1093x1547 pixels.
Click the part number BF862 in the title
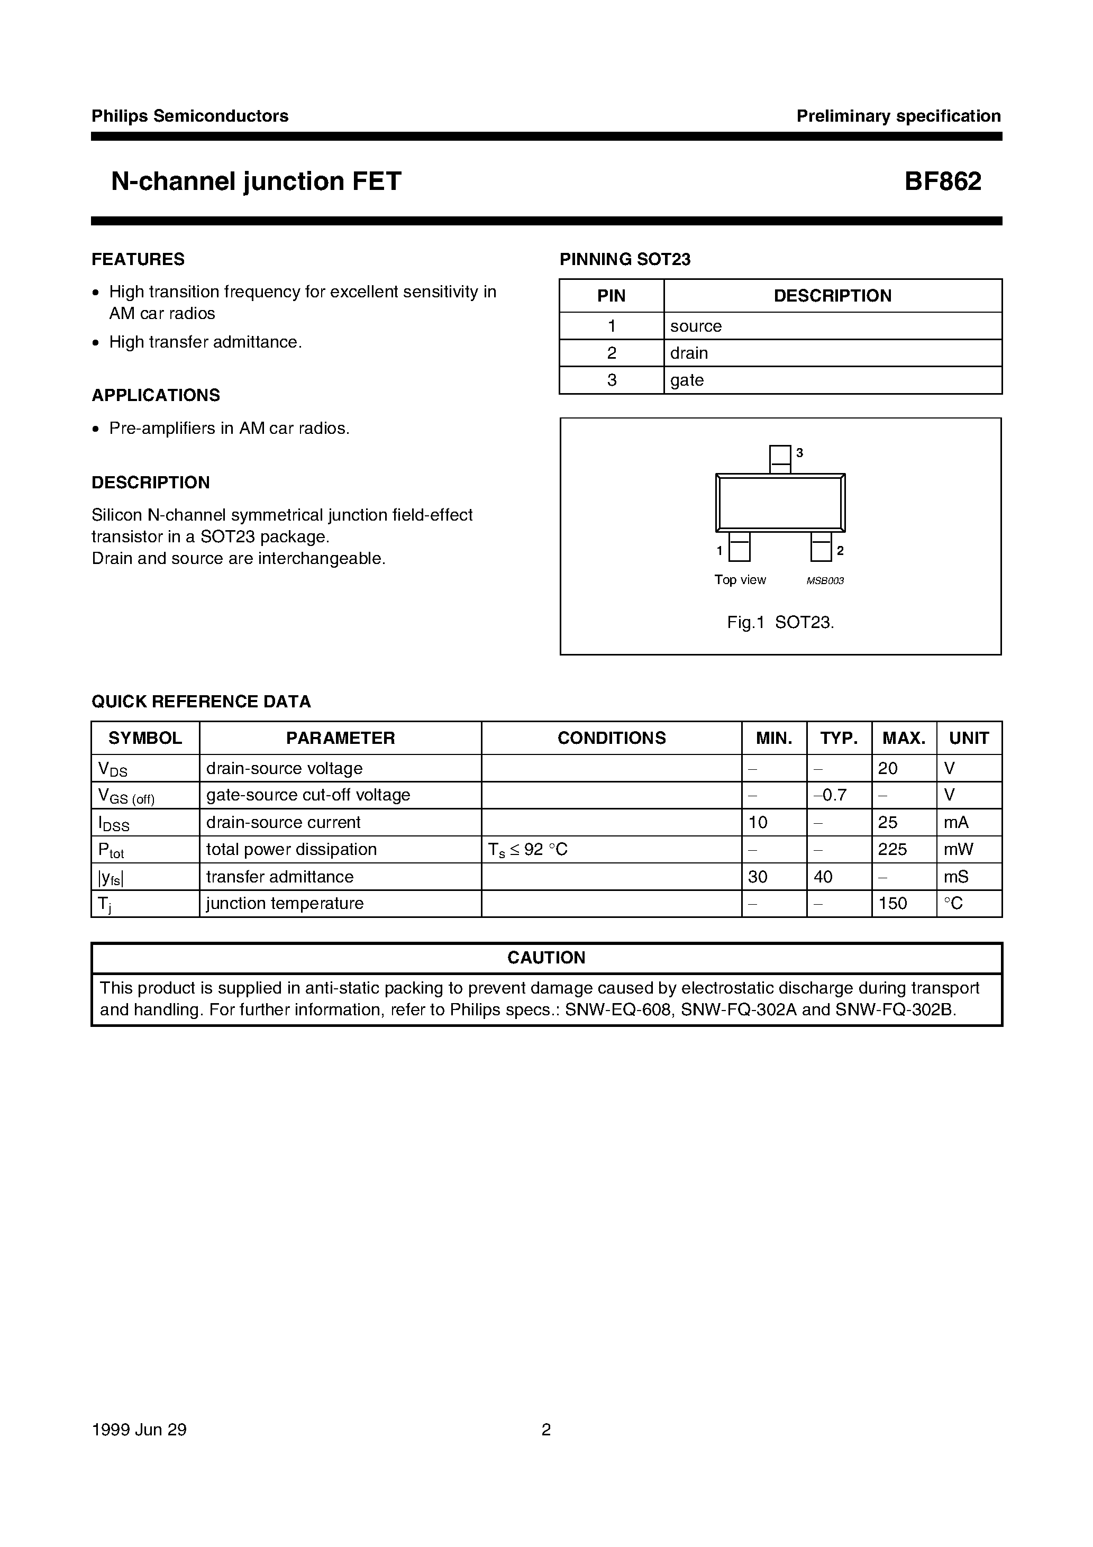(x=942, y=182)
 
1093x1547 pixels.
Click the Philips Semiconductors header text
(x=189, y=116)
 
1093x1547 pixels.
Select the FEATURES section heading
(x=138, y=259)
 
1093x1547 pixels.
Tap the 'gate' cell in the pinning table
(x=687, y=380)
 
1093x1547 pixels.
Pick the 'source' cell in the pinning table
(x=695, y=326)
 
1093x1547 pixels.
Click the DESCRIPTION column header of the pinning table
(x=832, y=296)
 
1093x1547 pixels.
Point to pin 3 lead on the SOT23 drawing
(x=780, y=459)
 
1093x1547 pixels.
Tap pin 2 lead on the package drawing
(x=820, y=547)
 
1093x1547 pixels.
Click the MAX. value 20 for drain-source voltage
(x=888, y=768)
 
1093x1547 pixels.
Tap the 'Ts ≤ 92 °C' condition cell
(x=527, y=850)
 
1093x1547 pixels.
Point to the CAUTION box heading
(x=546, y=958)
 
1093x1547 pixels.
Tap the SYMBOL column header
(x=145, y=738)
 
